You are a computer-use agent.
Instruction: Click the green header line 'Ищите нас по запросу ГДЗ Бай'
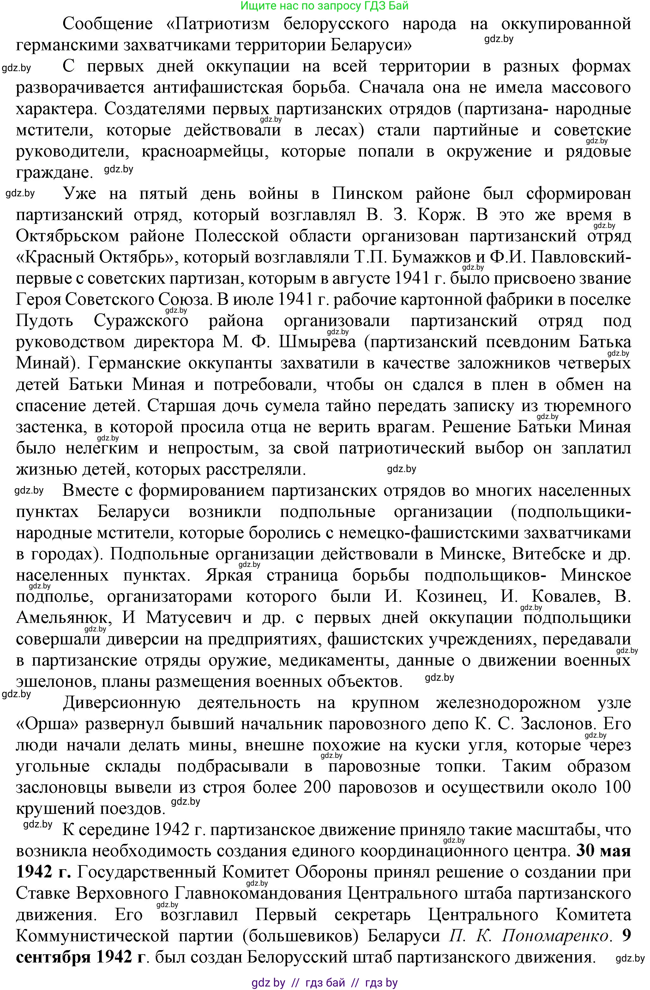[x=325, y=6]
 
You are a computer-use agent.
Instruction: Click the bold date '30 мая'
[x=604, y=851]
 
